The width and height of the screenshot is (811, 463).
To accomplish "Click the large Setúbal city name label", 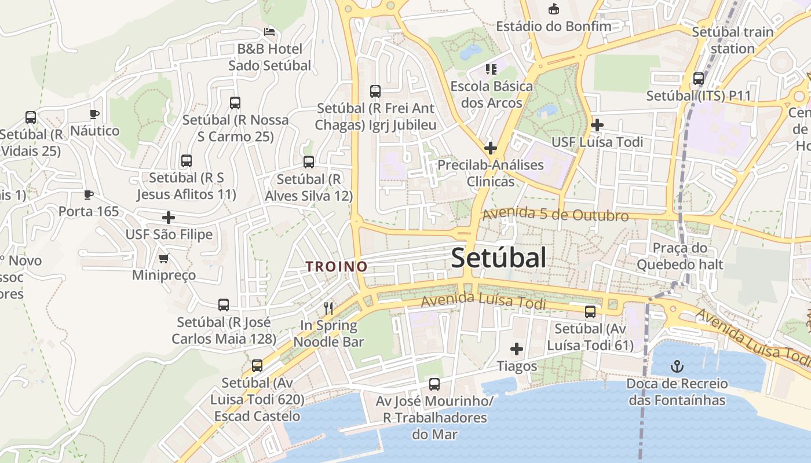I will pos(498,258).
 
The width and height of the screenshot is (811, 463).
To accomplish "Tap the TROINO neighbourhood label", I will pos(337,266).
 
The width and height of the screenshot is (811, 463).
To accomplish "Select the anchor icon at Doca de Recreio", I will pos(677,366).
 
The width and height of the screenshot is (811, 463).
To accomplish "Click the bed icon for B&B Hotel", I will pos(269,31).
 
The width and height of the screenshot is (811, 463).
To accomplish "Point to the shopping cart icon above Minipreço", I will pos(164,258).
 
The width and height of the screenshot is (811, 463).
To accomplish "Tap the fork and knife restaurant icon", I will pos(328,308).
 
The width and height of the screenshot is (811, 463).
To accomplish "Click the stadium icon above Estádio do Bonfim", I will pos(553,9).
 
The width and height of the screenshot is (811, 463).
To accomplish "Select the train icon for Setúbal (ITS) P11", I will pos(699,79).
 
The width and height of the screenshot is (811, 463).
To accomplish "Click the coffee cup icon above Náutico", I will pos(94,114).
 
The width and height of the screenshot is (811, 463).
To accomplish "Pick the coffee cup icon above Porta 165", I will pos(88,194).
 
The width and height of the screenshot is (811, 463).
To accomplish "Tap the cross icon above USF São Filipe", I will pos(169,218).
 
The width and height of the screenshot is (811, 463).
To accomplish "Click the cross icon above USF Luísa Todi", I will pos(597,124).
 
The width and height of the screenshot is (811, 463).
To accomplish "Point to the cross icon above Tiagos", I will pos(517,349).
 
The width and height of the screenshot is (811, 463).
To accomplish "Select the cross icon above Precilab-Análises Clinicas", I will pos(491,148).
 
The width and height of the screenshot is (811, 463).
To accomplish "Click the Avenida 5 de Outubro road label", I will pos(555,215).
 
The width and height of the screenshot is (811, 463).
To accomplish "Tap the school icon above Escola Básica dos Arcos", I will pos(491,70).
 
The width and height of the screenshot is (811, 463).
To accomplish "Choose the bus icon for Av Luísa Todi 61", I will pos(590,312).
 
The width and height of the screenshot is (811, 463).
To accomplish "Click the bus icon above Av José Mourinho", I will pos(434,384).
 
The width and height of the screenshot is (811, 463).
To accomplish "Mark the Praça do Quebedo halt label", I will pos(680,256).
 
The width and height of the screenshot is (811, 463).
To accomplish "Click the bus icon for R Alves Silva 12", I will pos(309,162).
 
